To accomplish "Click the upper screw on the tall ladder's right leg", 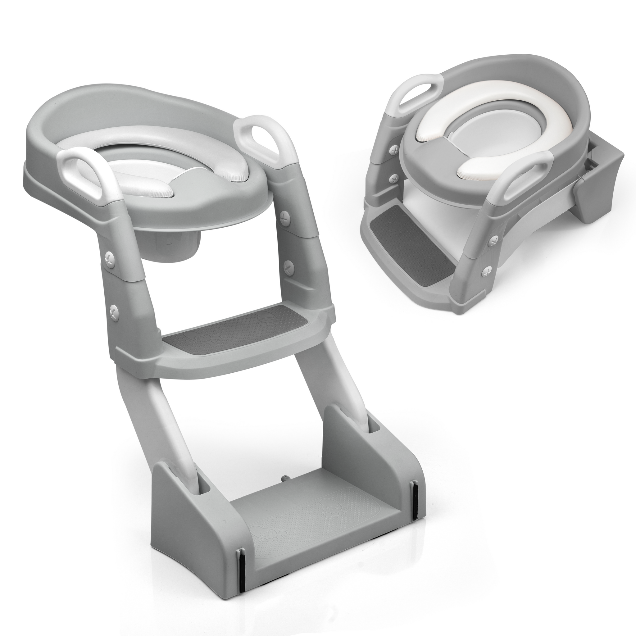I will tap(283, 217).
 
